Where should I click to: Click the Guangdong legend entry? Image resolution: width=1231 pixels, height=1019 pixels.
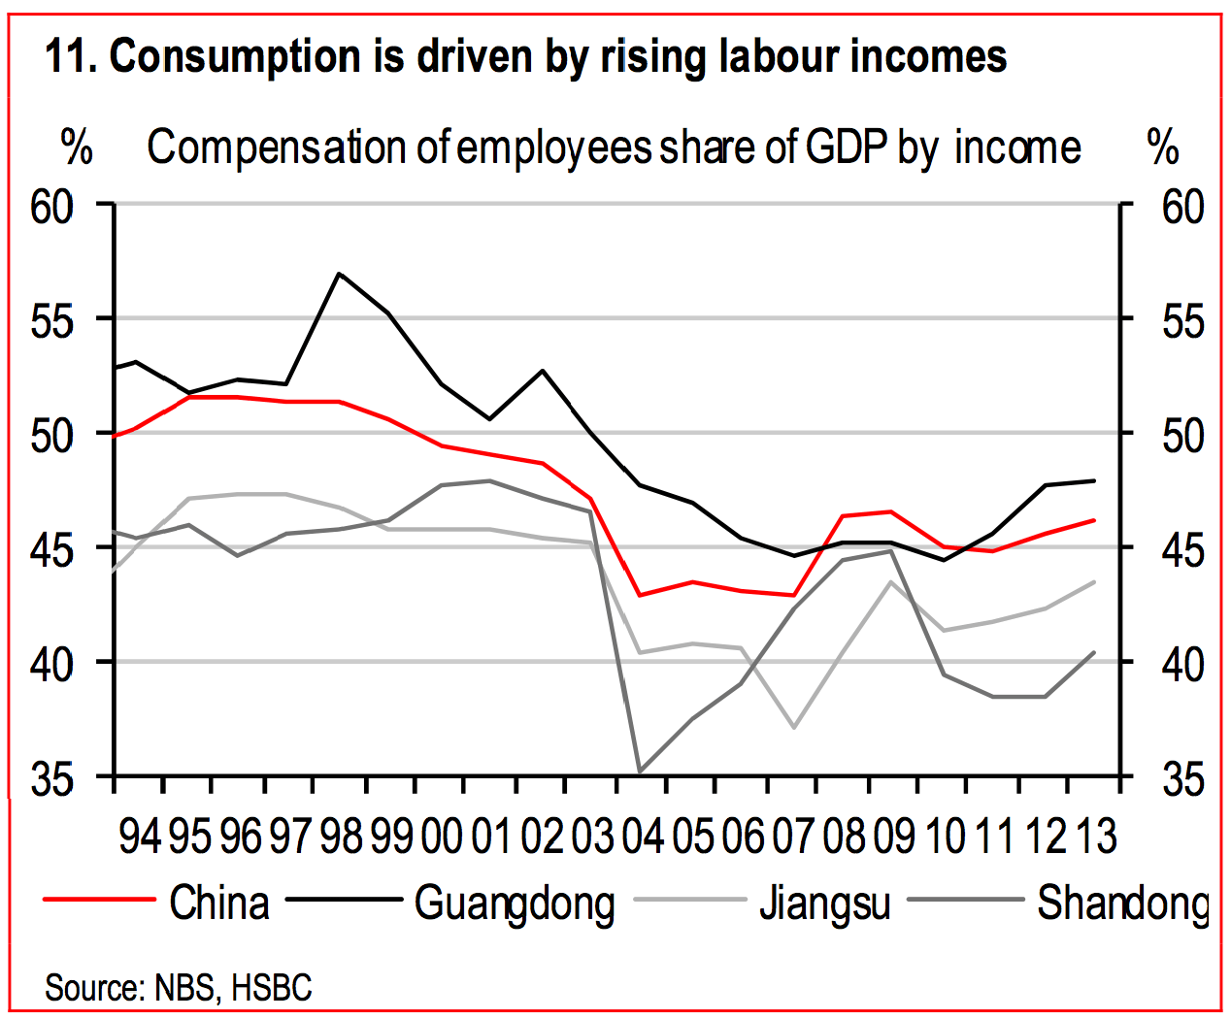[x=515, y=903]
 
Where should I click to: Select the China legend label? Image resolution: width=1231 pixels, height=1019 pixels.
[x=219, y=903]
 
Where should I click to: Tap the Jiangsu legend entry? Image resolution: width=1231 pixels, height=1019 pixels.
[x=825, y=903]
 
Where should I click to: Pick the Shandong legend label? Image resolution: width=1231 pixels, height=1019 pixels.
[x=1122, y=903]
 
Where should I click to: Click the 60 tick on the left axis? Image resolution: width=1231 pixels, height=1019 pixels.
[x=52, y=206]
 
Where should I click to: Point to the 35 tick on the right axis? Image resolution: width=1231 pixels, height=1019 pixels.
[x=1182, y=778]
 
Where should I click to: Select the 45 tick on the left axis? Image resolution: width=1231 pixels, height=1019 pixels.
[x=52, y=549]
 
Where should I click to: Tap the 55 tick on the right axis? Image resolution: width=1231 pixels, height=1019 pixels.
[x=1182, y=320]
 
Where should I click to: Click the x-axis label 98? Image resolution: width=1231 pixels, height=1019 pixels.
[x=341, y=837]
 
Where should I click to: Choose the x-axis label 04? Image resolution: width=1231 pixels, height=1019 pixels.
[x=643, y=837]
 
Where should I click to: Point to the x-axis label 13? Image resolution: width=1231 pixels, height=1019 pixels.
[x=1097, y=837]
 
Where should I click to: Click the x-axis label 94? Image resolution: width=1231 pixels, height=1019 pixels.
[x=140, y=837]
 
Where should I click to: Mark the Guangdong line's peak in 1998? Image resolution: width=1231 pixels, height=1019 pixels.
[x=338, y=274]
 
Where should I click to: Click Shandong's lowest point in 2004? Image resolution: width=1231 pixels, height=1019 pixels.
[x=640, y=772]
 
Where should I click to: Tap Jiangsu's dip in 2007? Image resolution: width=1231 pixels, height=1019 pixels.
[x=794, y=727]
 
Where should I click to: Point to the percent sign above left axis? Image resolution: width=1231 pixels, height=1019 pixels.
[x=77, y=148]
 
